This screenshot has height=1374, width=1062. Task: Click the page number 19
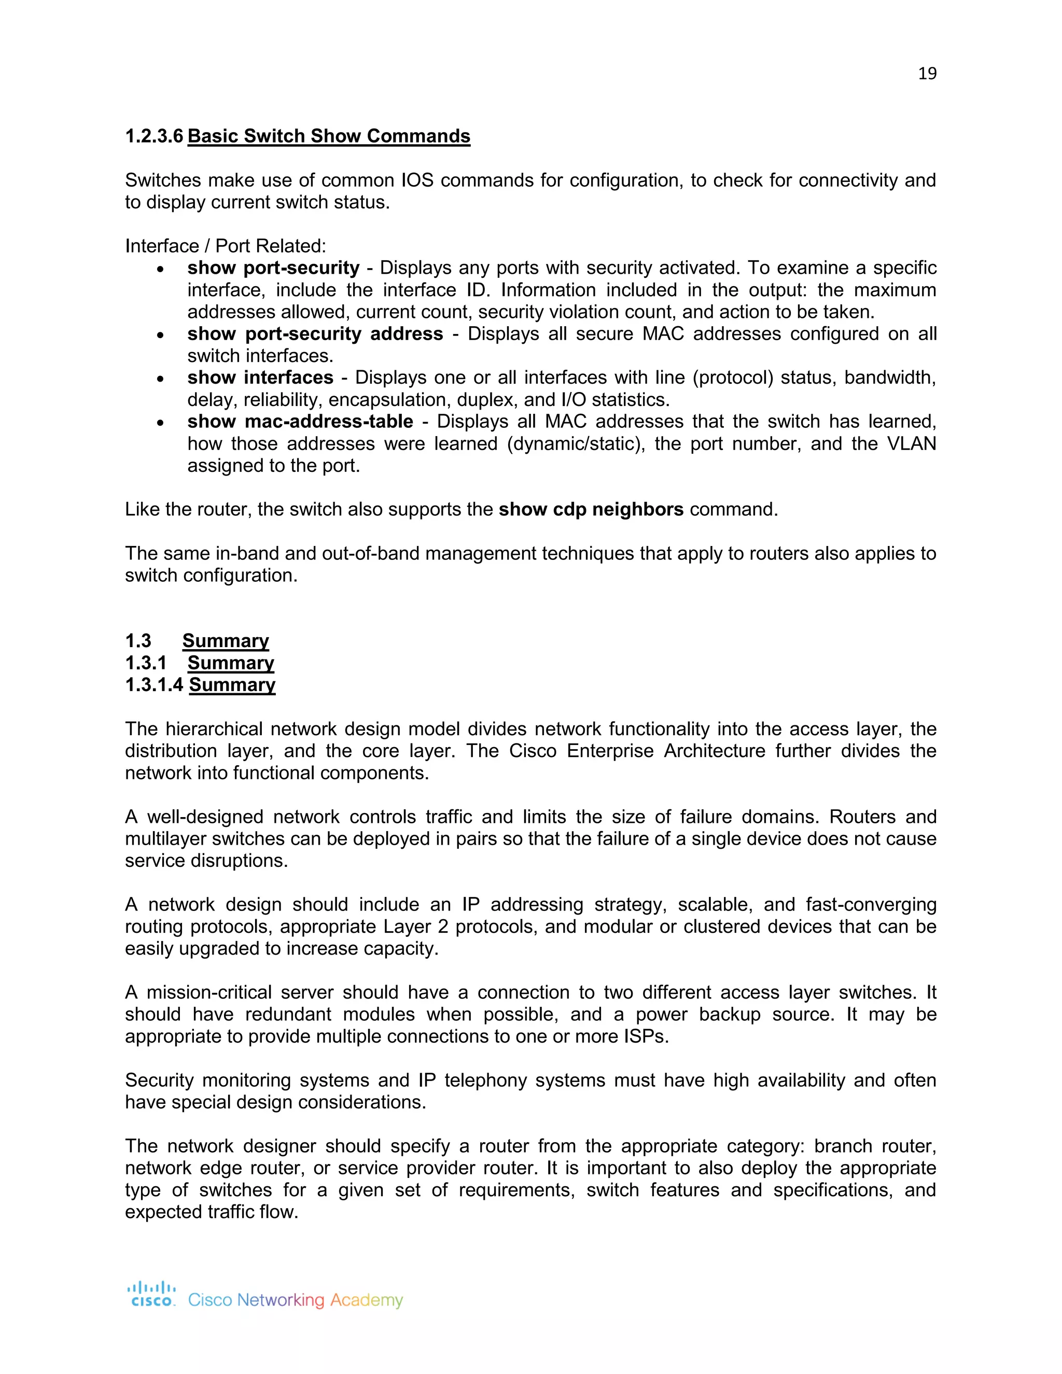[x=927, y=74]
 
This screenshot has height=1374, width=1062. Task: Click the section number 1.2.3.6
[x=154, y=136]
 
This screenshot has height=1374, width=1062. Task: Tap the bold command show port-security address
[x=315, y=333]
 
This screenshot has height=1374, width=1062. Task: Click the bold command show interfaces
[x=260, y=377]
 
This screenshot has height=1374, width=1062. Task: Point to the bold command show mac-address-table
[x=300, y=422]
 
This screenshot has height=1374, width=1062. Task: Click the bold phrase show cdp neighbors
[x=591, y=509]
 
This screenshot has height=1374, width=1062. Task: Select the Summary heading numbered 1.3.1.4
[x=232, y=684]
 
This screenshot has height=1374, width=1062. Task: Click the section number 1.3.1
[x=146, y=663]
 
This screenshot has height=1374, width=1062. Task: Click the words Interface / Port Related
[x=225, y=246]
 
